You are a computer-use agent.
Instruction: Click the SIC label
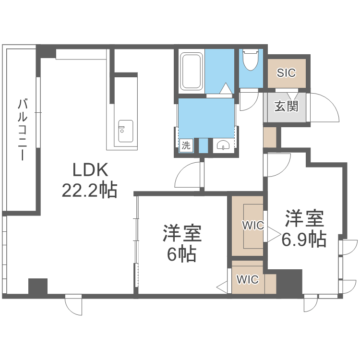click(287, 73)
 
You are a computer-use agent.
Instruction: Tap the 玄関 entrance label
click(286, 106)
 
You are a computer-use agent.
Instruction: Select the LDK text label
click(91, 170)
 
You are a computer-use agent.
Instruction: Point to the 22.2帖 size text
click(89, 191)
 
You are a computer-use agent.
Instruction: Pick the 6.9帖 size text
click(304, 238)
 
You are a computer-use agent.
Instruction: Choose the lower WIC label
click(248, 280)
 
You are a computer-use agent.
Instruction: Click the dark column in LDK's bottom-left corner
click(38, 287)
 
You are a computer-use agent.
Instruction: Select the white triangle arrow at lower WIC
click(223, 288)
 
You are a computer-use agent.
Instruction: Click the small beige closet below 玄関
click(270, 137)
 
